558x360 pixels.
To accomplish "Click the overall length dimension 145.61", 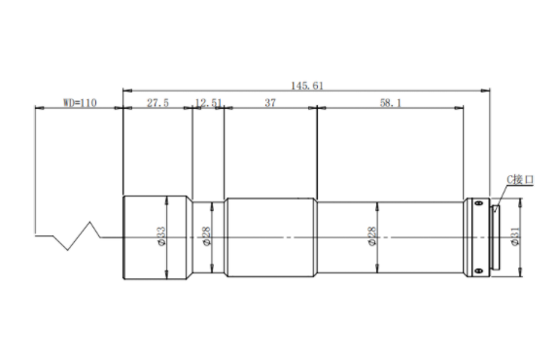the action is (x=307, y=86).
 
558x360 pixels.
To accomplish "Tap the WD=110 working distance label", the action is (x=80, y=103).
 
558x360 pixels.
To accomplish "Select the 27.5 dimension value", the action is (x=158, y=103).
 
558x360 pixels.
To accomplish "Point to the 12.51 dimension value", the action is (x=209, y=103).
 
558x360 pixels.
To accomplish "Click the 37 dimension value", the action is (x=270, y=103).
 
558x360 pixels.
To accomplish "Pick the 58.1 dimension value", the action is (x=391, y=103).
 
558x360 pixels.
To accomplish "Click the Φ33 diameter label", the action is (x=161, y=236).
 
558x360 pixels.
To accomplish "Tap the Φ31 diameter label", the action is (x=515, y=236).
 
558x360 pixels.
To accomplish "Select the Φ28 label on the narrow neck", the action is (x=206, y=236).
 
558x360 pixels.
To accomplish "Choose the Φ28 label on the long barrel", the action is (x=372, y=236).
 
